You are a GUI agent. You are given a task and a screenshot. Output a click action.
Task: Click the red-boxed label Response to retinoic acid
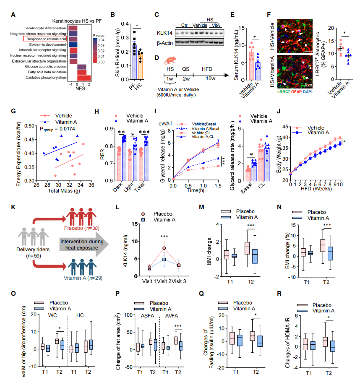point(45,39)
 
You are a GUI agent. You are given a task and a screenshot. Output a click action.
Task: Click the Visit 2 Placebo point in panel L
point(164,248)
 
